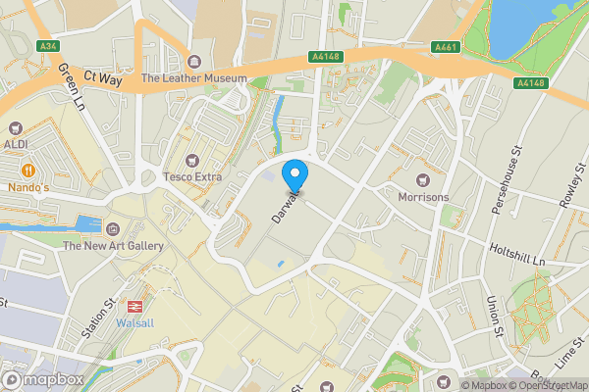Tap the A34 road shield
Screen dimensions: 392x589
[46, 46]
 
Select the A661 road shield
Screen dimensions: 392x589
[446, 46]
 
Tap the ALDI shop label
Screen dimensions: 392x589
[18, 144]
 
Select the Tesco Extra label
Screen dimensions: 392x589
[192, 177]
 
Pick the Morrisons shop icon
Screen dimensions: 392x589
[424, 180]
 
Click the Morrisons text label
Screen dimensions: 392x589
[424, 197]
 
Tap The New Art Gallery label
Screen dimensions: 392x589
[113, 246]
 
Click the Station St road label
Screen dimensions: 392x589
[98, 320]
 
